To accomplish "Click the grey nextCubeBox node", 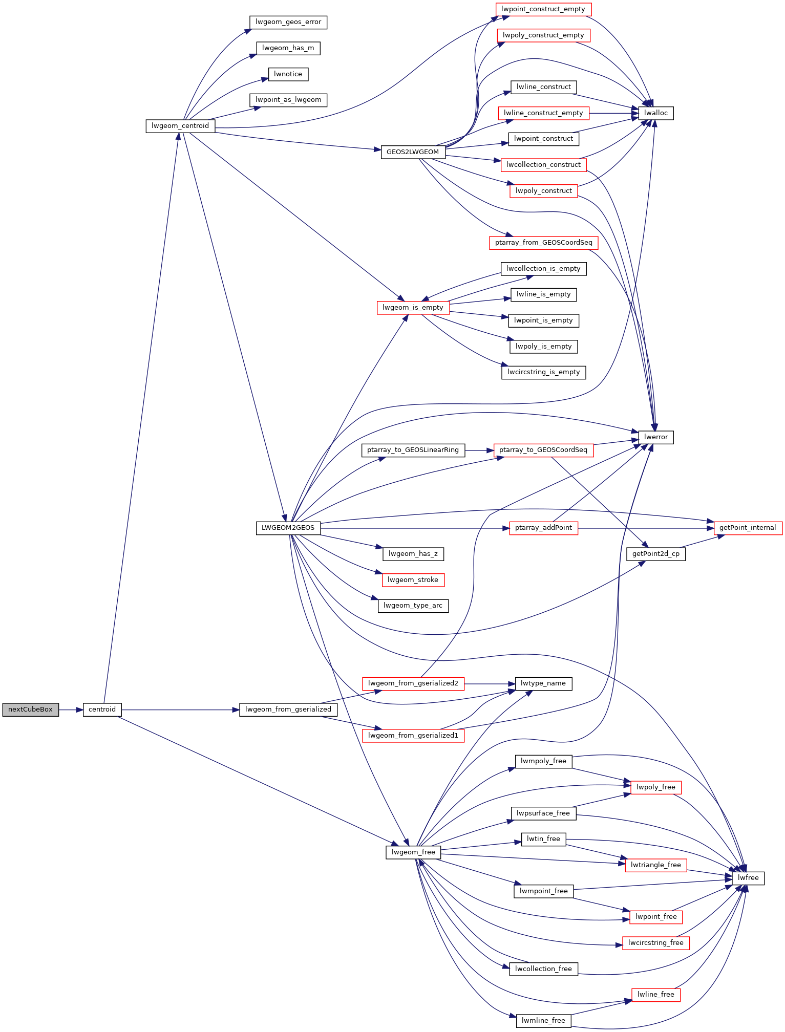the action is pos(30,709).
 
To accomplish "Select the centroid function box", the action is pos(102,709).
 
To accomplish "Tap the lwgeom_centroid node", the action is pos(180,126).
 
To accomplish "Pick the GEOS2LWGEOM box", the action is pos(413,152).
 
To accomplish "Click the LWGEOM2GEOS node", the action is pos(288,528).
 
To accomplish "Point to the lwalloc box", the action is pos(656,113).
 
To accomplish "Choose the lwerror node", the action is pos(656,437).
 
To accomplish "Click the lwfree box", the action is pos(748,878).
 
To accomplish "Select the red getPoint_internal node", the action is pos(748,528).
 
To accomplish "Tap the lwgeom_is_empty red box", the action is pos(413,308).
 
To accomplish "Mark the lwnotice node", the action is pos(288,74).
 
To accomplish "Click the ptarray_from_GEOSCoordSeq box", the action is pos(543,243).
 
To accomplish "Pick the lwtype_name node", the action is pos(543,683).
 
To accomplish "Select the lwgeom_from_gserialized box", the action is pos(288,709).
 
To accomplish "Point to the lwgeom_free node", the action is pos(413,852).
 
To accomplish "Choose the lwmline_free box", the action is pos(543,1021).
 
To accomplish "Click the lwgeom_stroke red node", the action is pos(413,580).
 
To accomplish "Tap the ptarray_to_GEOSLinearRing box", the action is pos(413,450).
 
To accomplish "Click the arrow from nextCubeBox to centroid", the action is pos(71,710).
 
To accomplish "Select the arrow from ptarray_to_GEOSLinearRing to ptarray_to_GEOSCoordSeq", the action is pos(479,450).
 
